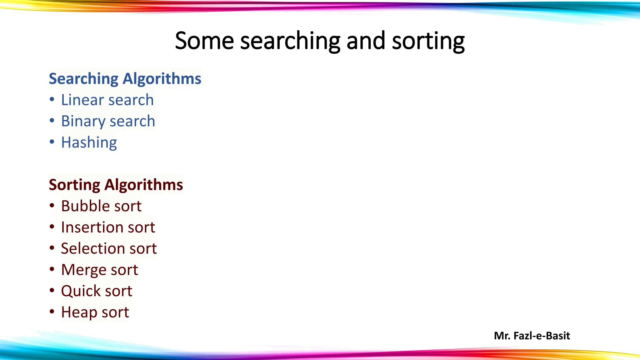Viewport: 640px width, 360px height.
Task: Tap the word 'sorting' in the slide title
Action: pyautogui.click(x=428, y=41)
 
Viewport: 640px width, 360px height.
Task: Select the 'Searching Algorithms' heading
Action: pyautogui.click(x=125, y=78)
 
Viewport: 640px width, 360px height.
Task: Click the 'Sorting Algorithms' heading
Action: pyautogui.click(x=116, y=185)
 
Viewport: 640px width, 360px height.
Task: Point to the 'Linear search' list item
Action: pyautogui.click(x=107, y=100)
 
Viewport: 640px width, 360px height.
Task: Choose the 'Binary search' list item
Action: pyautogui.click(x=108, y=121)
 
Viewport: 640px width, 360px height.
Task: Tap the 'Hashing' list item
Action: pyautogui.click(x=89, y=142)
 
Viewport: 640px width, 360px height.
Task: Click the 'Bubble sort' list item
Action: pyautogui.click(x=101, y=206)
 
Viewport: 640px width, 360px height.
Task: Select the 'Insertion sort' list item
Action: pyautogui.click(x=108, y=227)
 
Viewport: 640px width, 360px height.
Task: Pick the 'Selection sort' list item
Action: pyautogui.click(x=109, y=248)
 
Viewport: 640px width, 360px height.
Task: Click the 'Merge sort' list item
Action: pyautogui.click(x=99, y=270)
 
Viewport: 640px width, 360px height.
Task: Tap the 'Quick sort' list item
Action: pyautogui.click(x=97, y=291)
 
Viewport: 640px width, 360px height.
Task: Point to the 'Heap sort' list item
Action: pyautogui.click(x=95, y=312)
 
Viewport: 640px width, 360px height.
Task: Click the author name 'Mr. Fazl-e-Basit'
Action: pyautogui.click(x=532, y=336)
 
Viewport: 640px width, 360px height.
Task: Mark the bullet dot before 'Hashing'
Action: pyautogui.click(x=52, y=142)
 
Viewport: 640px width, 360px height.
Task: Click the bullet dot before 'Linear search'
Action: pyautogui.click(x=52, y=100)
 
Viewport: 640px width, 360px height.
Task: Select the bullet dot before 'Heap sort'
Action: pyautogui.click(x=52, y=312)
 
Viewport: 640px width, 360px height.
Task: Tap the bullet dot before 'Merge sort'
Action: pyautogui.click(x=52, y=269)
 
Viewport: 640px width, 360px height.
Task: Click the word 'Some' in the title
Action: pyautogui.click(x=204, y=41)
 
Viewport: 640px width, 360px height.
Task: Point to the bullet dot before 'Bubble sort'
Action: pyautogui.click(x=52, y=206)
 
